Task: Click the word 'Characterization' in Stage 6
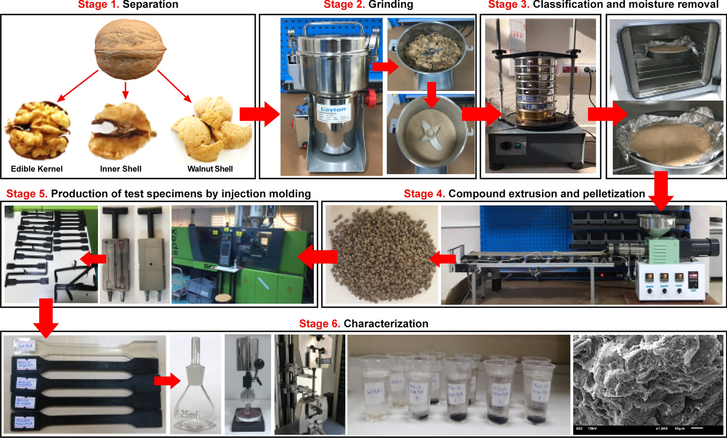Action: click(x=386, y=323)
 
